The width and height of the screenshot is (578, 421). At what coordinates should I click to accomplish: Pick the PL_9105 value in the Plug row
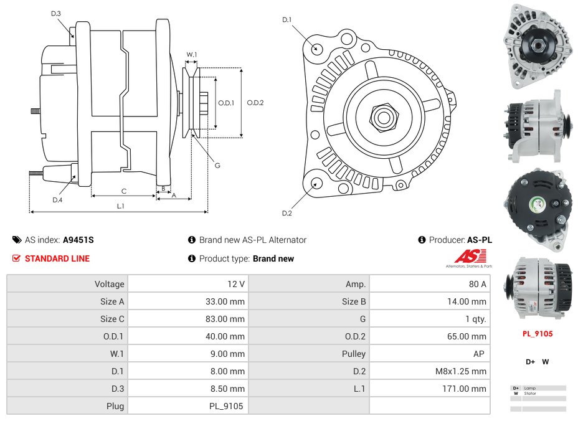click(x=226, y=406)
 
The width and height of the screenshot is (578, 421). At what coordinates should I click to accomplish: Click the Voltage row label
click(x=109, y=284)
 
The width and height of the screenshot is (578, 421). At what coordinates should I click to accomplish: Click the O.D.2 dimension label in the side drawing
click(x=255, y=103)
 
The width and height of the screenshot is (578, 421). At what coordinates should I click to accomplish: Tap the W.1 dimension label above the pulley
click(x=192, y=55)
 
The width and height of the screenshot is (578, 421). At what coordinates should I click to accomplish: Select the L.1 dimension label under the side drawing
click(x=121, y=206)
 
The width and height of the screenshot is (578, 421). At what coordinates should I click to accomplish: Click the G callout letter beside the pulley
click(x=217, y=166)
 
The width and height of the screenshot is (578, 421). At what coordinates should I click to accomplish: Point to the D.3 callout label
click(x=55, y=13)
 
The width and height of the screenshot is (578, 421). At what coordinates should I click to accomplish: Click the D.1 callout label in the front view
click(x=287, y=20)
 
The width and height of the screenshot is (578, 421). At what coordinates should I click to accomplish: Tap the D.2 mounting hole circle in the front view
click(x=317, y=183)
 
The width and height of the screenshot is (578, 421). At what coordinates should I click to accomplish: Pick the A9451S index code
click(x=78, y=240)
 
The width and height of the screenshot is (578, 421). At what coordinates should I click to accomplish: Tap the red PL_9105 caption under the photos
click(x=538, y=333)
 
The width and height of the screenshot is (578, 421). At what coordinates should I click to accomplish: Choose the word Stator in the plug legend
click(x=530, y=394)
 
